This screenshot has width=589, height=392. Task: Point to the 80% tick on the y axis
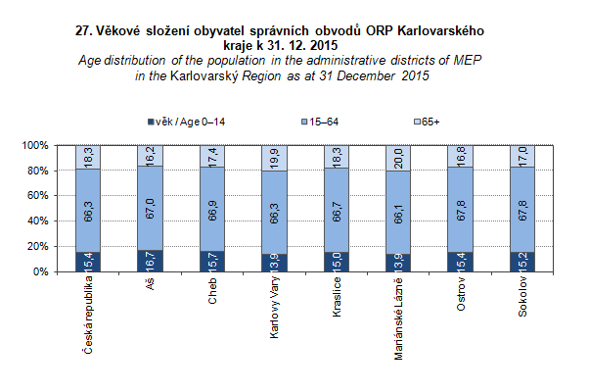pyautogui.click(x=35, y=171)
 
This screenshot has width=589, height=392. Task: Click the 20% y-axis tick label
pyautogui.click(x=35, y=246)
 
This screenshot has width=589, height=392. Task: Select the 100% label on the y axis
pyautogui.click(x=33, y=145)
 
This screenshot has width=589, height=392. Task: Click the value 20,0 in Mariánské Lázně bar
pyautogui.click(x=399, y=158)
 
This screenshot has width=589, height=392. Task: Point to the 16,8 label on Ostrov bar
pyautogui.click(x=461, y=156)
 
